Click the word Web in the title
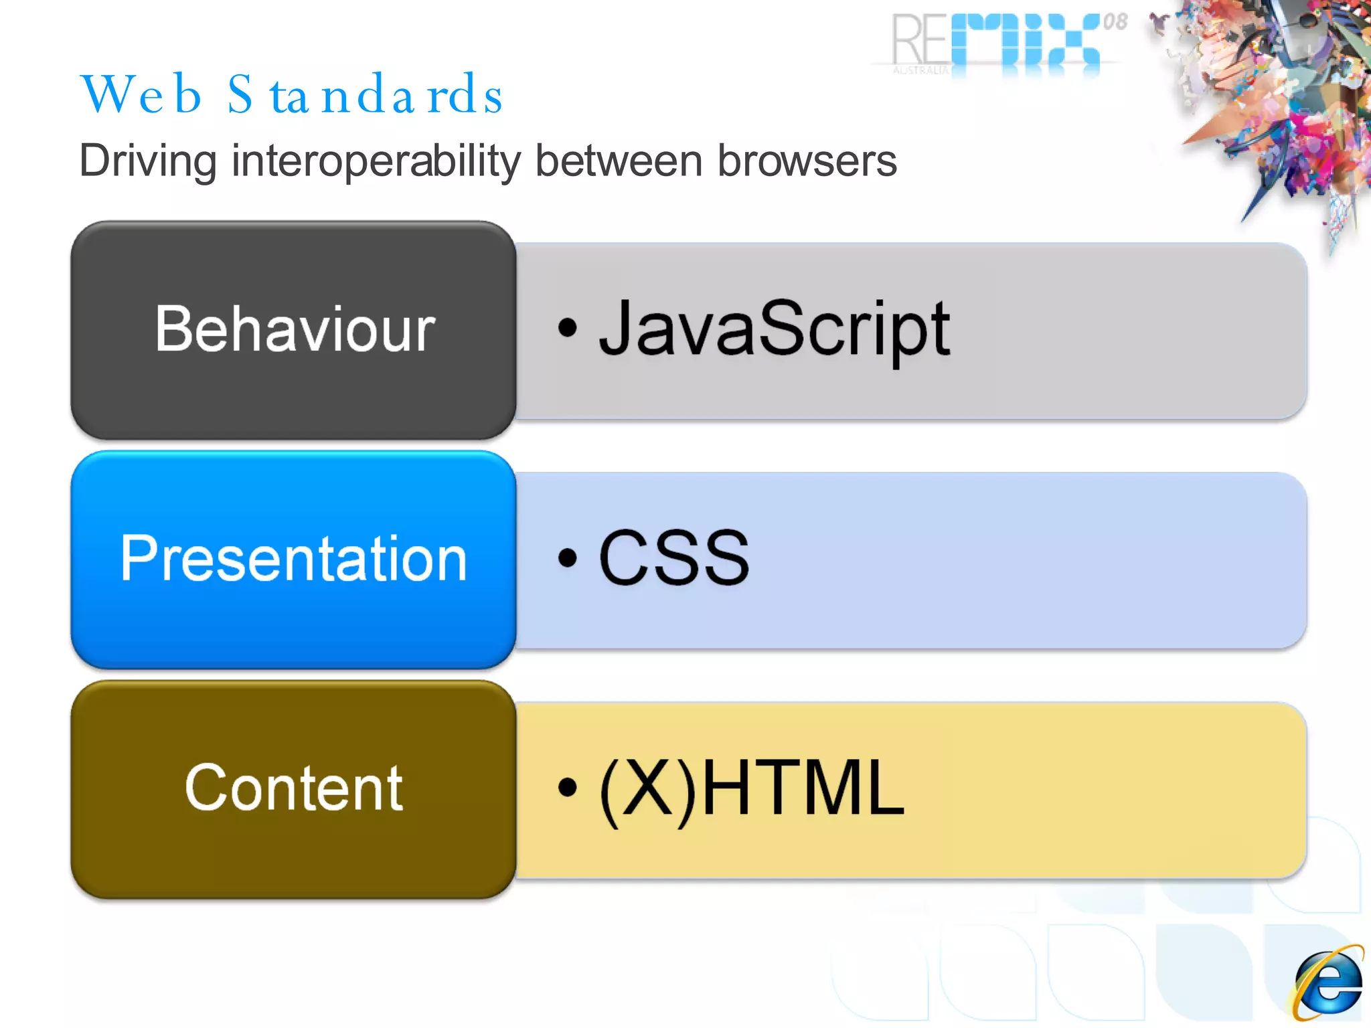[141, 95]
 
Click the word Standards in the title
[365, 95]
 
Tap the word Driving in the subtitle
[148, 161]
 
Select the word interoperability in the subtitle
[376, 161]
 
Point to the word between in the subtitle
[619, 161]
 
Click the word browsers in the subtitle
[807, 161]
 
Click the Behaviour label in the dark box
[295, 329]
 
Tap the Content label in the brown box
[293, 788]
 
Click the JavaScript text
[774, 329]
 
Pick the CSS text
[673, 558]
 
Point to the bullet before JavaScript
[567, 328]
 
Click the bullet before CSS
[567, 558]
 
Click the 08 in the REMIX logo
[1115, 22]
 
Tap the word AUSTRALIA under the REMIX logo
[920, 70]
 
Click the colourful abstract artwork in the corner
[1272, 100]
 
